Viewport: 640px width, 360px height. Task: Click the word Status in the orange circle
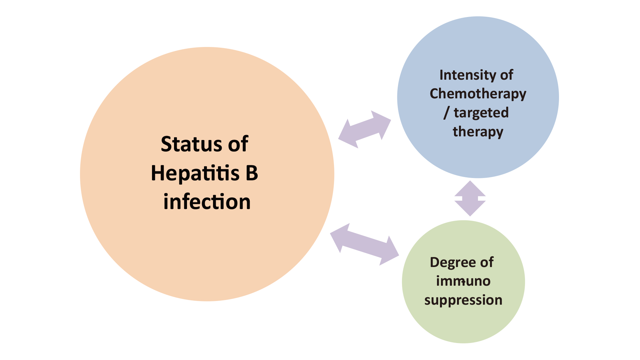192,144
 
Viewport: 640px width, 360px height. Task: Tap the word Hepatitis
195,173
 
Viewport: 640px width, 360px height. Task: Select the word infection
207,202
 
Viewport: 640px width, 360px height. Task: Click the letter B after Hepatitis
252,173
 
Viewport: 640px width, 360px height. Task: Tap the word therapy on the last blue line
478,132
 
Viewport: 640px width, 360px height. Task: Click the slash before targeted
446,113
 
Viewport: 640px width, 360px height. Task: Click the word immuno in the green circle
463,281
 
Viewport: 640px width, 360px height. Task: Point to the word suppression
463,300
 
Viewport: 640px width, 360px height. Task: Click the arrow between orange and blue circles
365,129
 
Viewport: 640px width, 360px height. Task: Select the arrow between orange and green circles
364,244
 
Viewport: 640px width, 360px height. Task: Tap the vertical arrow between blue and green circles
470,199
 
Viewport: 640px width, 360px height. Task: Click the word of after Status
238,144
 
